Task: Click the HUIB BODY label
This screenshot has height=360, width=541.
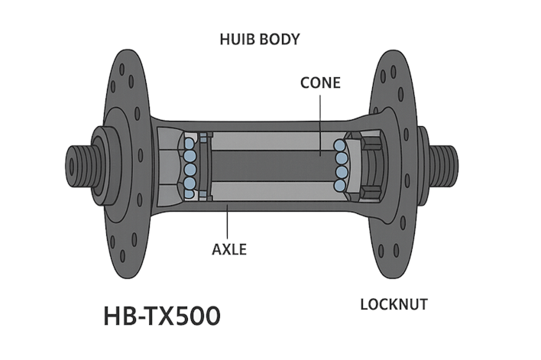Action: (260, 39)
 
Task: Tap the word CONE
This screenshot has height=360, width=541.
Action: (320, 83)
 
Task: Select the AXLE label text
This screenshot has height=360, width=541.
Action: (229, 249)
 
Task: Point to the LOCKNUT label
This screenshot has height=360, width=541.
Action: (394, 304)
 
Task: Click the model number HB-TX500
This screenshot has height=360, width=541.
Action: (162, 316)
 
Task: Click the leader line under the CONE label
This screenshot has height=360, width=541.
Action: (320, 125)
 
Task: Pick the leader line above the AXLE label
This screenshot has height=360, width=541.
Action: (227, 221)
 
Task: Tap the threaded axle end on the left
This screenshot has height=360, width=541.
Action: (80, 166)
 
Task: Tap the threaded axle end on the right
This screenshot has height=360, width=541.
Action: (444, 166)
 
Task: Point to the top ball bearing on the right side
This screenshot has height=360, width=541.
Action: (339, 145)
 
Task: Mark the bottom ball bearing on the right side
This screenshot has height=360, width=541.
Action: (340, 185)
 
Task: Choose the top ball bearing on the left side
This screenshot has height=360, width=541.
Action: (189, 143)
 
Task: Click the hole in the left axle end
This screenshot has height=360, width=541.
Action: (72, 166)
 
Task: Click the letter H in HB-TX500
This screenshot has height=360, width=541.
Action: (111, 316)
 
